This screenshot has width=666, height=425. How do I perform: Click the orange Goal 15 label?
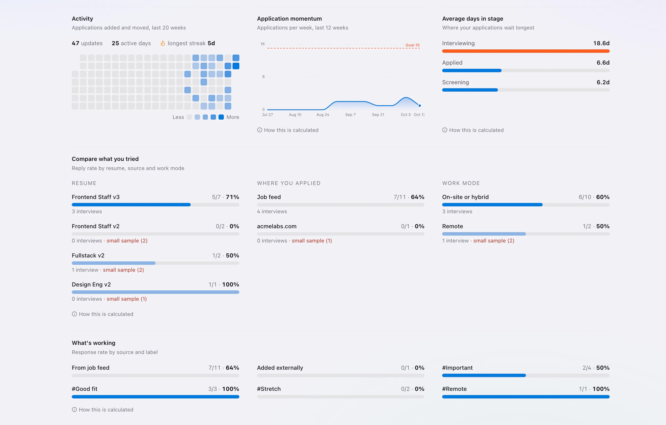pos(412,45)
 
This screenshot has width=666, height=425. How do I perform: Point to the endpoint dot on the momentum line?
pos(420,106)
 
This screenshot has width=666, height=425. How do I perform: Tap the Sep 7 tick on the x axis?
pos(350,114)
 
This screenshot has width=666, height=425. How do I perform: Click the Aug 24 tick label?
pos(323,114)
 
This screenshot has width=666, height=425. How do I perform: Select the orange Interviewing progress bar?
pos(526,51)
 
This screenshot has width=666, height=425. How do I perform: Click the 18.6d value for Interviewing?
pos(601,43)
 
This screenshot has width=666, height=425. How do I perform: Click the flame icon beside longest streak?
pos(163,43)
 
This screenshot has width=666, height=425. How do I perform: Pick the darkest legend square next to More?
pos(221,117)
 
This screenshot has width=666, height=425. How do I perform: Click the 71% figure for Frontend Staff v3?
pos(232,197)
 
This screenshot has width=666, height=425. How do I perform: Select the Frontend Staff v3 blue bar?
pos(131,205)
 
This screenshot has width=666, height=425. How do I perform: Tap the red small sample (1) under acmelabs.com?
pos(312,241)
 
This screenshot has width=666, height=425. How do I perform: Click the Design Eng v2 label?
pos(91,284)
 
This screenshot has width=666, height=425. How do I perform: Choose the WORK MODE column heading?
pos(461,183)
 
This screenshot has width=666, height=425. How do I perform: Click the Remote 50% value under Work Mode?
pos(603,226)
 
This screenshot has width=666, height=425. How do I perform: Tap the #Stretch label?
pos(269,389)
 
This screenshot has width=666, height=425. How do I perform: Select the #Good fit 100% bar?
pos(155,397)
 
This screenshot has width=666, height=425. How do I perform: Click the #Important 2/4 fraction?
pos(587,368)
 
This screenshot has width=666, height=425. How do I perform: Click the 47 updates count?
pos(87,43)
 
